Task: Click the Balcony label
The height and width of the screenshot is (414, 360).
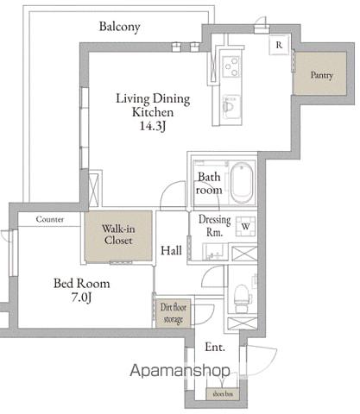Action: coord(120,27)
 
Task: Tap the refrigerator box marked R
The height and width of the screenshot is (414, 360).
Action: coord(279,45)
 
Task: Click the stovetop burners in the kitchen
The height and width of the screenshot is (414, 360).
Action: coord(231,66)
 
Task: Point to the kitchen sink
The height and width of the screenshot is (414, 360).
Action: coord(231,106)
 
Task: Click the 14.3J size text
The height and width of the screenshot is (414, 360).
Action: coord(153,126)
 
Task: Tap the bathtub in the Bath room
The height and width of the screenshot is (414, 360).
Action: coord(243,183)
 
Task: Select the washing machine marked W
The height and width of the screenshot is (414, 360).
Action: coord(245,226)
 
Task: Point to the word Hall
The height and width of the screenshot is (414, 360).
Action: coord(171,250)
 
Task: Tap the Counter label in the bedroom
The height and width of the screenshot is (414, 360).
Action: coord(50,219)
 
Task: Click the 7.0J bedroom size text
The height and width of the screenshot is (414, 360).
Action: coord(81,298)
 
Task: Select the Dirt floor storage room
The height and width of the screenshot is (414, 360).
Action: coord(174,313)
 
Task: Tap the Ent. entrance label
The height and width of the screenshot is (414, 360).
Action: coord(215,347)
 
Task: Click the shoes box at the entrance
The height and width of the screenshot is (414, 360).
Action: coord(223,394)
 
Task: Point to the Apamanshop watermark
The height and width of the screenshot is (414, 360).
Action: coord(180,371)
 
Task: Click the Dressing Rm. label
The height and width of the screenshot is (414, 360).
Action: coord(215,226)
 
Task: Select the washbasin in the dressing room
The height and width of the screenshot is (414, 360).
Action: coord(215,252)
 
